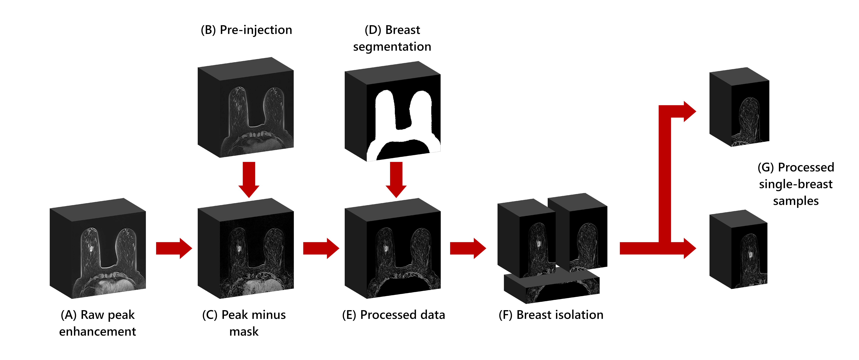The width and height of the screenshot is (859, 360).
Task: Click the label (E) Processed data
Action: click(393, 315)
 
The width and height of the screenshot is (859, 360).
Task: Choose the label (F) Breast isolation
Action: click(551, 315)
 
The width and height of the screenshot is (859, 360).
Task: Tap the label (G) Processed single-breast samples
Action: click(796, 184)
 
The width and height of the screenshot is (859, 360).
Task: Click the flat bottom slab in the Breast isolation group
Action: click(552, 287)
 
